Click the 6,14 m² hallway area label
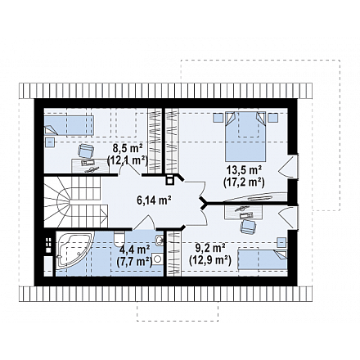pyautogui.click(x=154, y=200)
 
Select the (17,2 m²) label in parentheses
pyautogui.click(x=244, y=182)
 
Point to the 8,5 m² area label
pyautogui.click(x=128, y=149)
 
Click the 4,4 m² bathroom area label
pyautogui.click(x=135, y=250)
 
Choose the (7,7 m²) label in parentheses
pyautogui.click(x=135, y=261)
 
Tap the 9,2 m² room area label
pyautogui.click(x=210, y=248)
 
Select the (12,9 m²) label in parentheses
pyautogui.click(x=210, y=259)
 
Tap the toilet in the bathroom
pyautogui.click(x=119, y=238)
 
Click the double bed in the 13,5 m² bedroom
pyautogui.click(x=245, y=137)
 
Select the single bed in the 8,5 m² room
pyautogui.click(x=69, y=125)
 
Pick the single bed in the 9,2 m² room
pyautogui.click(x=263, y=259)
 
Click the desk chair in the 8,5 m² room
pyautogui.click(x=86, y=151)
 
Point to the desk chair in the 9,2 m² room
pyautogui.click(x=248, y=227)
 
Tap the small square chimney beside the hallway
pyautogui.click(x=169, y=180)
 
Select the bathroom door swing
pyautogui.click(x=145, y=222)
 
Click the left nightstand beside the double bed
pyautogui.click(x=218, y=118)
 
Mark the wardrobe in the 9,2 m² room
pyautogui.click(x=173, y=254)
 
